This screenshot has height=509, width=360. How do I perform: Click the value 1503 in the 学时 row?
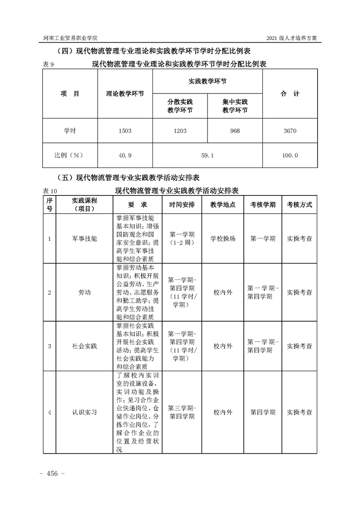124,131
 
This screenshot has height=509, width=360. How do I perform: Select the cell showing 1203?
180,131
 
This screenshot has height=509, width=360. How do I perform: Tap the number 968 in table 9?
235,131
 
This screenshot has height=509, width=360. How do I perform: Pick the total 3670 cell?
290,131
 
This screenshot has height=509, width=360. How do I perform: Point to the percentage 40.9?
124,155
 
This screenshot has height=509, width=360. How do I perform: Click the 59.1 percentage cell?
207,155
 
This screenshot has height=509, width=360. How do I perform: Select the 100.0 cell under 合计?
290,155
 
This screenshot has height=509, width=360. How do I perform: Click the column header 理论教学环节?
125,94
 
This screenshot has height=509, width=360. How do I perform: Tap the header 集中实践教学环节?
235,106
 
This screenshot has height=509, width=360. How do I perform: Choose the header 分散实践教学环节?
180,106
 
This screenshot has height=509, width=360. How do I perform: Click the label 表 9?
49,65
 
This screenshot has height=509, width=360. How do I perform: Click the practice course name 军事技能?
84,238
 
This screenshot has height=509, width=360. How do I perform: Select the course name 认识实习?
84,412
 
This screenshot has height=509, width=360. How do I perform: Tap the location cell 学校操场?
223,238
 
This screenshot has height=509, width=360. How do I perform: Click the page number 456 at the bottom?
53,474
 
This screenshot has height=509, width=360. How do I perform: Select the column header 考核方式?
299,205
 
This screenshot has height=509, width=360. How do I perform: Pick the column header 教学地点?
223,205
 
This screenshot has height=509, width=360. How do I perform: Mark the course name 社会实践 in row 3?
84,346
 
